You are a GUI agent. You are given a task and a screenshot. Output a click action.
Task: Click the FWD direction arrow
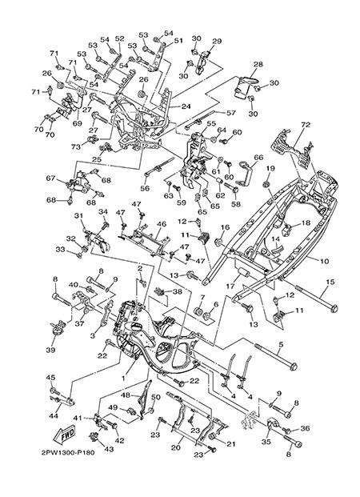[64, 435]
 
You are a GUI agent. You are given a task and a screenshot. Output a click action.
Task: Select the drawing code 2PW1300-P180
[68, 452]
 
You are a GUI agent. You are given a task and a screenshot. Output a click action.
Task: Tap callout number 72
[306, 125]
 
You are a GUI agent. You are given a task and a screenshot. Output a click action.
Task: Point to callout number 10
[325, 262]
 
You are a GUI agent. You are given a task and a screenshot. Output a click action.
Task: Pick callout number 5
[281, 343]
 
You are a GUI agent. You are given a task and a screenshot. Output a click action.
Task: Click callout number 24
[186, 106]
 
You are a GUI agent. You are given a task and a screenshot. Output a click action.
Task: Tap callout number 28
[258, 64]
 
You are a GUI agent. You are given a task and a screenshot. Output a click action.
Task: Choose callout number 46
[162, 224]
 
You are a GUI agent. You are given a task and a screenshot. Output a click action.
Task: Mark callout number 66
[258, 158]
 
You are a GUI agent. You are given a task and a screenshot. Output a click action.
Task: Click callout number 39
[50, 350]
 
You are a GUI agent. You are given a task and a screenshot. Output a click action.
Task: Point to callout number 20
[175, 447]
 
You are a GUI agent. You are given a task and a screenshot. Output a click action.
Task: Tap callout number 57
[230, 113]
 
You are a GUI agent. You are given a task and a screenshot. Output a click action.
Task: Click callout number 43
[109, 449]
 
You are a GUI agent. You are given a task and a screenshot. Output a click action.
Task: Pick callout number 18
[306, 223]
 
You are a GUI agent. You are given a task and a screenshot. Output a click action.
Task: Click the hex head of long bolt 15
[333, 308]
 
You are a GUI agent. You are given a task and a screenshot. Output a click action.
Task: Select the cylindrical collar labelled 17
[243, 272]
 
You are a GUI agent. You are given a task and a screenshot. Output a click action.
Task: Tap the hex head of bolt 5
[293, 367]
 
